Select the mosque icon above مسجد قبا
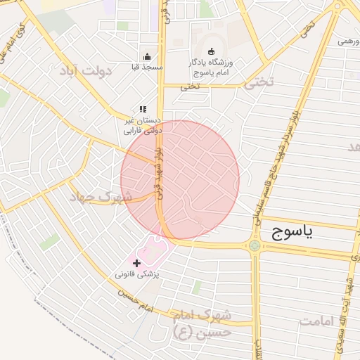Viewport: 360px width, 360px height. click(147, 57)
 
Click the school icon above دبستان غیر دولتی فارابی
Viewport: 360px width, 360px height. click(143, 110)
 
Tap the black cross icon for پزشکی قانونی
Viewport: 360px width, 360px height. click(136, 262)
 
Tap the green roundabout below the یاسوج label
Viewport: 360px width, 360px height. click(254, 246)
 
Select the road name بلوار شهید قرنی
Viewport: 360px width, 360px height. click(160, 172)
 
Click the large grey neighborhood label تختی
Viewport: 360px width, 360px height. click(259, 82)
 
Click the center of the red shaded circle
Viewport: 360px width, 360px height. click(180, 180)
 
